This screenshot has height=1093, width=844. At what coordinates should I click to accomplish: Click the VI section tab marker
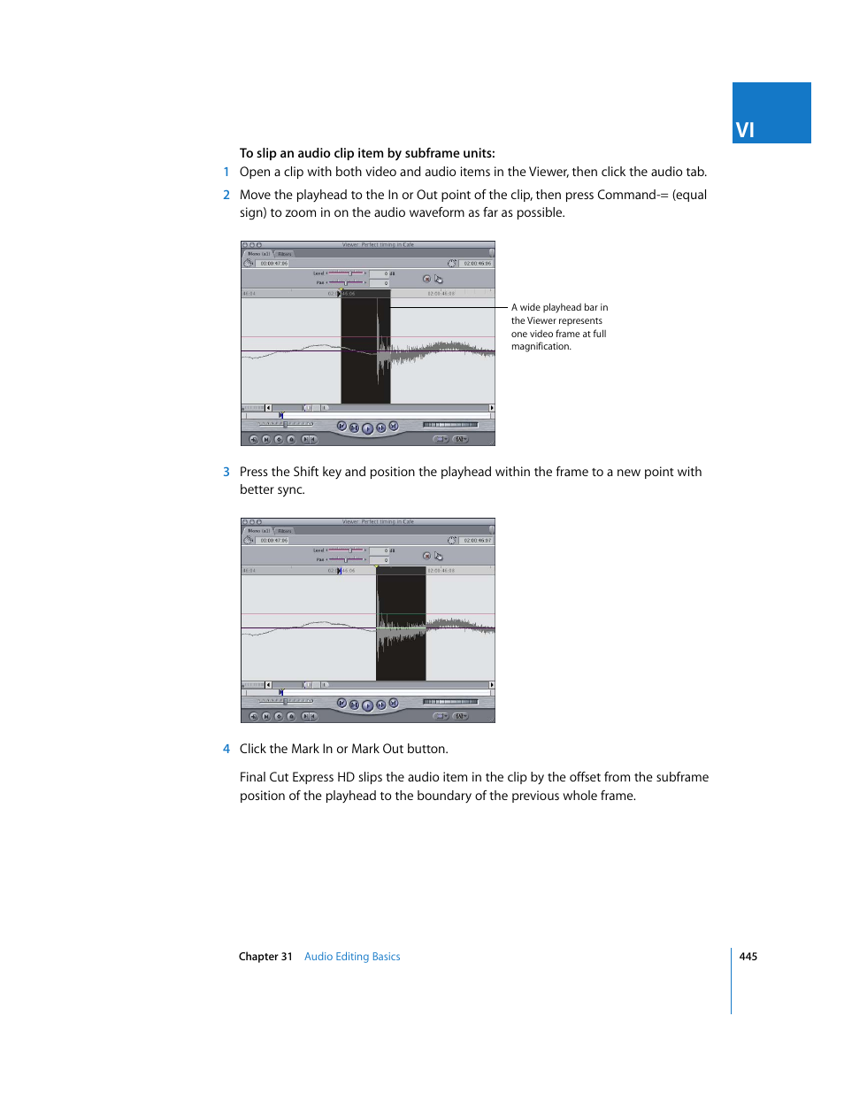click(771, 113)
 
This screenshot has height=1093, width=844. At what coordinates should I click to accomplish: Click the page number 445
click(748, 957)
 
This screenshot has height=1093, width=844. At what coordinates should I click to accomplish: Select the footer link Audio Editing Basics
click(352, 957)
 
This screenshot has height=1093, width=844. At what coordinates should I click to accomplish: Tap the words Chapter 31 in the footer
click(265, 957)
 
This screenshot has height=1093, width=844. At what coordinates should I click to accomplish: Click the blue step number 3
click(226, 473)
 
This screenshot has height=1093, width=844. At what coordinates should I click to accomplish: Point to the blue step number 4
click(226, 750)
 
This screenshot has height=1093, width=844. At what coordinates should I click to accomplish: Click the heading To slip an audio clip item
click(367, 153)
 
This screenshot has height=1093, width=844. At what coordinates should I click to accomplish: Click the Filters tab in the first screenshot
click(285, 254)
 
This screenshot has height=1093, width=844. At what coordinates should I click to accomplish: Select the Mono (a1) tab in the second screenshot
click(258, 531)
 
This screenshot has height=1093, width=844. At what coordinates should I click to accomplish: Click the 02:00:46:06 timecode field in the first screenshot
click(477, 264)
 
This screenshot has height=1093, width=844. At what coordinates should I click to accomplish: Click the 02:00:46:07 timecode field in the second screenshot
click(477, 541)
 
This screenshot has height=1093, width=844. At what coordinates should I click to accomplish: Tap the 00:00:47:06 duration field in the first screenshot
click(273, 264)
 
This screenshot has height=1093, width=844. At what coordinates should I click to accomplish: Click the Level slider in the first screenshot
click(347, 273)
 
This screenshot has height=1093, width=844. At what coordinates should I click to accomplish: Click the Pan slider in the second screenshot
click(347, 559)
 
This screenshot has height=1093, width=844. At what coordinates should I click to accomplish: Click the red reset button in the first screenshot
click(426, 279)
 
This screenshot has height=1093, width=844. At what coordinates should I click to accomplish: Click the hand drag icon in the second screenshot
click(439, 557)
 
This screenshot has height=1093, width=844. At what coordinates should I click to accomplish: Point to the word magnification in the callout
click(541, 347)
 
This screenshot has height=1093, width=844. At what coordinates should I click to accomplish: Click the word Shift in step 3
click(306, 473)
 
